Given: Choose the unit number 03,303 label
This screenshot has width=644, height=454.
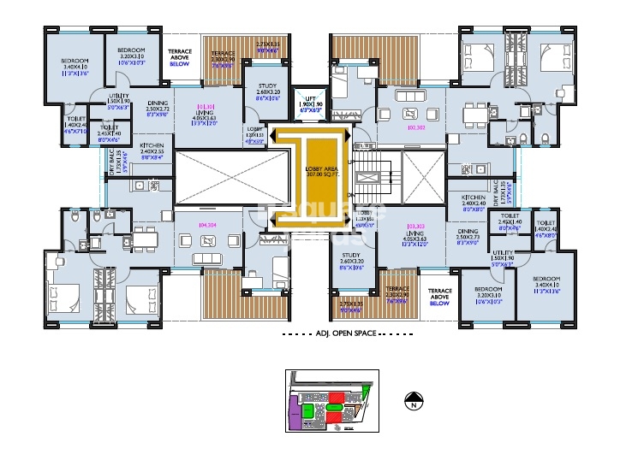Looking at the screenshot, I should point(416,226).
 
